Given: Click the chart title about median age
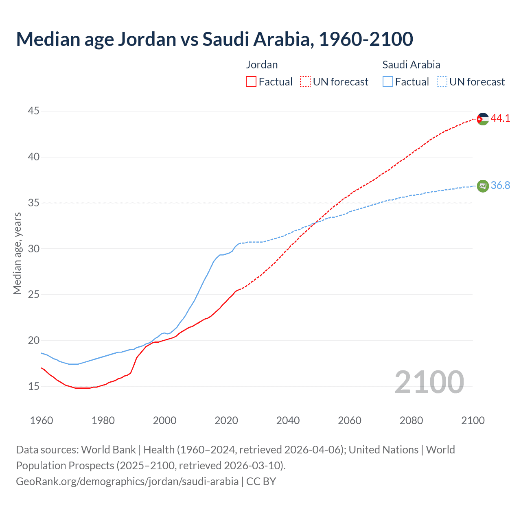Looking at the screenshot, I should (215, 39).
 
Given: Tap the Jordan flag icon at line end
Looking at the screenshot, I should (483, 119).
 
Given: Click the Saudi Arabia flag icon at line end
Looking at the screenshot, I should (483, 186).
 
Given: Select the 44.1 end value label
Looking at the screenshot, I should (500, 118).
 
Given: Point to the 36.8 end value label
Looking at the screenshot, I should (500, 186).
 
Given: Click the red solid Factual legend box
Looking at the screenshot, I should (251, 82).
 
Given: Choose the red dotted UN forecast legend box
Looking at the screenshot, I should (305, 82).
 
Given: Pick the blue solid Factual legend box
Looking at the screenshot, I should (388, 82).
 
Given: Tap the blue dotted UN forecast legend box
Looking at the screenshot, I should (442, 82).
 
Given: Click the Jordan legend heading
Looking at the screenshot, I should (262, 65).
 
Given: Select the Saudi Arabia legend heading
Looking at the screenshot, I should (411, 65).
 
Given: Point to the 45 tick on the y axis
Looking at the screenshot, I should (34, 111).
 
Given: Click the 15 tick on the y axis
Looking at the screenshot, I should (34, 386).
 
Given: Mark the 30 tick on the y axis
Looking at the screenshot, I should (34, 249).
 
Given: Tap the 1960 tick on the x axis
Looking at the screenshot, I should (42, 420).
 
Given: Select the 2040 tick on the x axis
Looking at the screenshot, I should (288, 420).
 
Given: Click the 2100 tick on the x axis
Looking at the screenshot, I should (473, 420).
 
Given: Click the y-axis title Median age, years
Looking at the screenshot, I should (17, 253).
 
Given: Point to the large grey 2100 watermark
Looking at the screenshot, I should (429, 382).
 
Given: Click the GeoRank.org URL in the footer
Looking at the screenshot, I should (127, 482).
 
